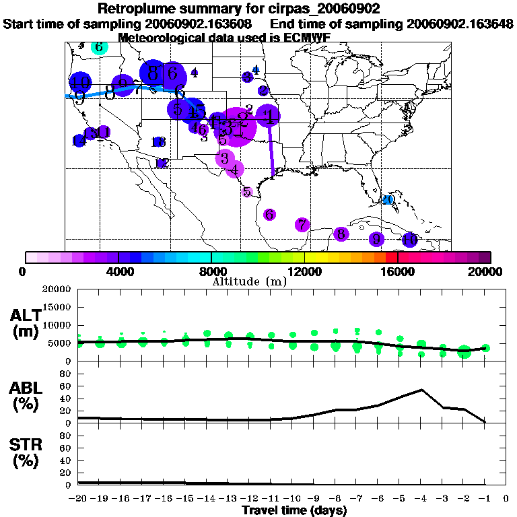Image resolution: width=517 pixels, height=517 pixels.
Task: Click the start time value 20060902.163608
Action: pos(204,24)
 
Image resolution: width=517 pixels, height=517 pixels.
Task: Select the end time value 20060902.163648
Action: pos(460,24)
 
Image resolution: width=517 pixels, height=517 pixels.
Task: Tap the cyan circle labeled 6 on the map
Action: pos(98,47)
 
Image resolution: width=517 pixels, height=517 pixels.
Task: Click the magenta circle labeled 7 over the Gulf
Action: pos(302,225)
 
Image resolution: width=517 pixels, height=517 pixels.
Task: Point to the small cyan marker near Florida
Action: pos(388,199)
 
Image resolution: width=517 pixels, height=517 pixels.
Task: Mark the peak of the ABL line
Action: pos(421,390)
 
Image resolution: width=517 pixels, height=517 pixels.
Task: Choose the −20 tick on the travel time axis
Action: pos(78,499)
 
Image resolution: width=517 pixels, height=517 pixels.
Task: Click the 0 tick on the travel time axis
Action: pos(506,499)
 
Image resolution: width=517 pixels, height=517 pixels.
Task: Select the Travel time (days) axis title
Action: pos(294,510)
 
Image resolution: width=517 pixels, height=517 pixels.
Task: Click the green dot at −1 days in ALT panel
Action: pos(485,348)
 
